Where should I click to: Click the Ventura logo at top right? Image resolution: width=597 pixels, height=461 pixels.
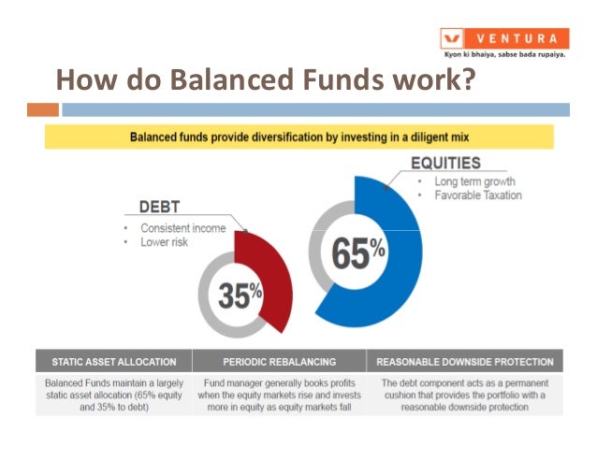504,38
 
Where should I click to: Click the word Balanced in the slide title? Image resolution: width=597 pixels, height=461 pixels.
219,81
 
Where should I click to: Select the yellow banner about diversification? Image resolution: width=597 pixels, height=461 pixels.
299,137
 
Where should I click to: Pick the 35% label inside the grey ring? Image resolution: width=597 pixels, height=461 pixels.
240,295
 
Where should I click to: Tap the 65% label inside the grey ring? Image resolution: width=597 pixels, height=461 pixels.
359,252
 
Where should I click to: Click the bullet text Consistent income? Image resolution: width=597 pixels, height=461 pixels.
183,228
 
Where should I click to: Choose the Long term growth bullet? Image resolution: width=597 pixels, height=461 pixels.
473,180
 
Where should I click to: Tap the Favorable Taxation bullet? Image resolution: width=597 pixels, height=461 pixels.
477,195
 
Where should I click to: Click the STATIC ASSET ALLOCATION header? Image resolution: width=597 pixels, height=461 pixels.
113,361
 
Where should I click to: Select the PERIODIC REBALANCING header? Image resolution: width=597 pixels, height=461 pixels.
281,361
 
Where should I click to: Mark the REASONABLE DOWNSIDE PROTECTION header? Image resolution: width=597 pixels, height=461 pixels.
464,361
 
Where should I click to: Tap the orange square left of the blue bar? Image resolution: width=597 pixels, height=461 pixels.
42,110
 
